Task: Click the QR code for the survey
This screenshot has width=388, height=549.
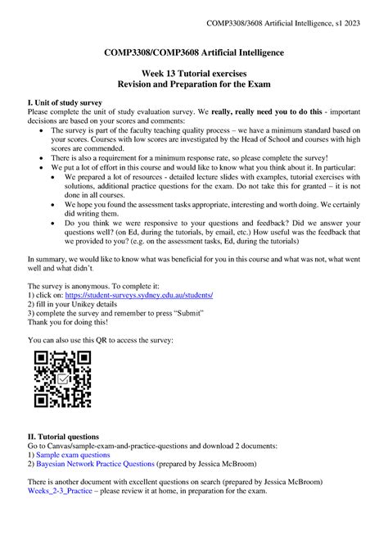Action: click(61, 379)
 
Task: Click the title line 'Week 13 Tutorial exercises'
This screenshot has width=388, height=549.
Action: click(193, 73)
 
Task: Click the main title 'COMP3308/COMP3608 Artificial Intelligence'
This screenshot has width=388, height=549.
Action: click(193, 52)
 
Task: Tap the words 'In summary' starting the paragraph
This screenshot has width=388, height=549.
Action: click(48, 256)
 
